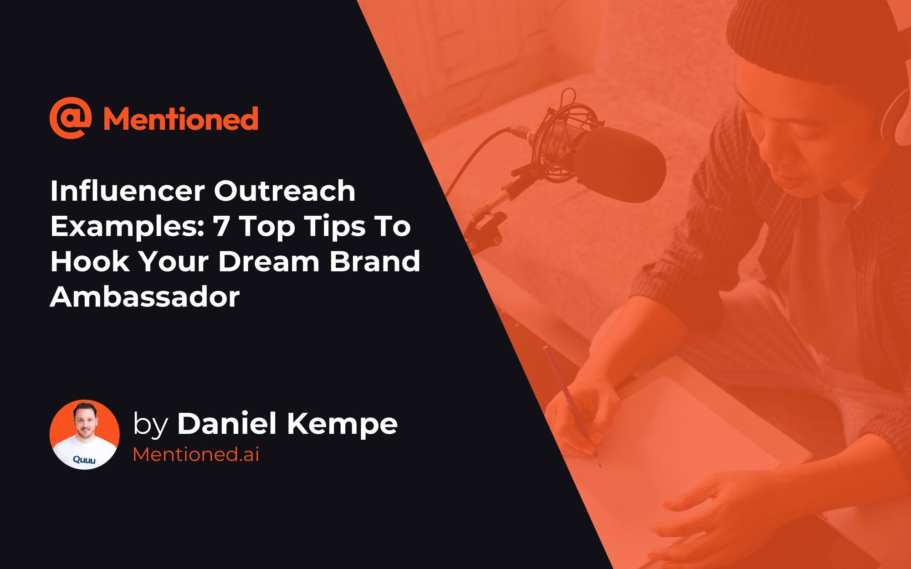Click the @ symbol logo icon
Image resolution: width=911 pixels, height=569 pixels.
pos(70,117)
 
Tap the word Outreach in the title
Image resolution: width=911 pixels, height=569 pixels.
pos(285,191)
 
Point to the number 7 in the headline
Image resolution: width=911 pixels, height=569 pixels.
pos(221,226)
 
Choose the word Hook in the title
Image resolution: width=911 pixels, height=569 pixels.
pos(89,262)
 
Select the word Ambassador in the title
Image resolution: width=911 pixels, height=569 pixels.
pos(145,297)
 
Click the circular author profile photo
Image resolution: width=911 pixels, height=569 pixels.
pos(85,435)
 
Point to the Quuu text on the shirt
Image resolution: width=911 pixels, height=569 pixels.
pos(84,460)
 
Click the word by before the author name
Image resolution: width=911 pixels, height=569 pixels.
pos(150,425)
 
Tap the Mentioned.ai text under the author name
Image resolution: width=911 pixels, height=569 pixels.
pos(196,454)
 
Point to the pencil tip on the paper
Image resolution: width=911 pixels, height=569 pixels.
pos(599,465)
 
